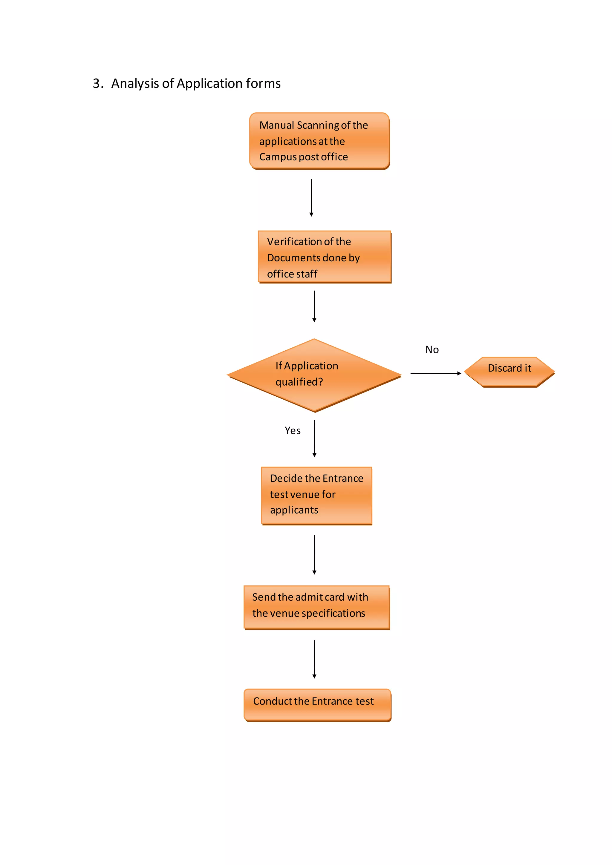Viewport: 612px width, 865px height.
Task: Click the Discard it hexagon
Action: click(x=509, y=372)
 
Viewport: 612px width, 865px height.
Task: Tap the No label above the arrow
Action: click(x=432, y=350)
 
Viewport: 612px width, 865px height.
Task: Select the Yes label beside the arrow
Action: click(x=293, y=431)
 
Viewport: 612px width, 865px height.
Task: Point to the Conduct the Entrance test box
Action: click(x=317, y=705)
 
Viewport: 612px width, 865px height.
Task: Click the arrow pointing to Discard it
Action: click(x=435, y=373)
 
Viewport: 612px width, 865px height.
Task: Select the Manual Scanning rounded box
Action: click(x=319, y=141)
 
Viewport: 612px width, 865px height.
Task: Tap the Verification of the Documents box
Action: click(x=325, y=257)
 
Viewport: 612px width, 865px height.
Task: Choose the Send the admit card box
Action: click(x=316, y=607)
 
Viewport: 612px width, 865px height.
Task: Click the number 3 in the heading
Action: click(x=97, y=84)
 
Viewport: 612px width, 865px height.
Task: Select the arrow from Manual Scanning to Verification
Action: click(x=311, y=198)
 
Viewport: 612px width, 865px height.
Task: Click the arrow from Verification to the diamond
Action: click(x=314, y=306)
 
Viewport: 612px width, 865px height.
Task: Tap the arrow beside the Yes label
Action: click(x=314, y=438)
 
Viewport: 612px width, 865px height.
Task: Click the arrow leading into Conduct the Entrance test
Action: click(x=314, y=659)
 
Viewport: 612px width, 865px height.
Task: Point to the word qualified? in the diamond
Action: click(x=299, y=382)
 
